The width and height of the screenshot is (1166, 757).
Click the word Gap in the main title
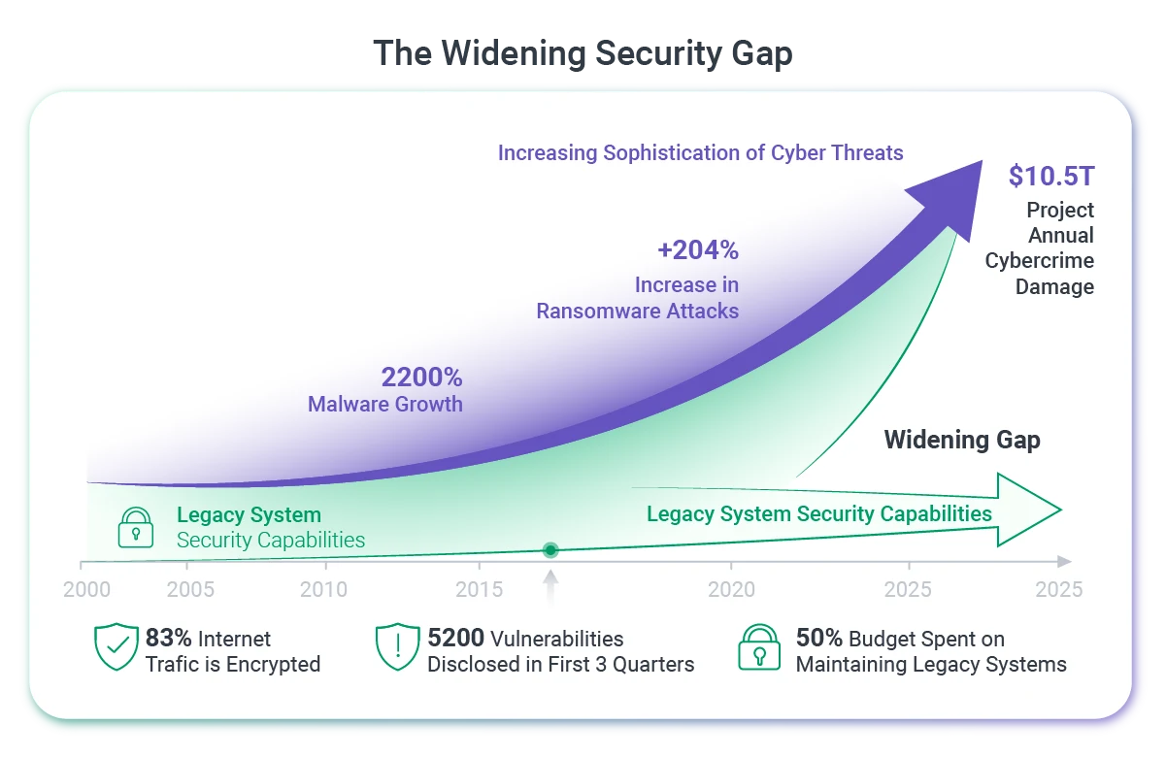point(762,54)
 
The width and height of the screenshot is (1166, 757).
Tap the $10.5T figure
point(1051,176)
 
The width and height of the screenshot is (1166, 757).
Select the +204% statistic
point(698,250)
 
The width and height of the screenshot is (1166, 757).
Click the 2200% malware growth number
point(421,378)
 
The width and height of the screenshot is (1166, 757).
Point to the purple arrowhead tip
point(982,161)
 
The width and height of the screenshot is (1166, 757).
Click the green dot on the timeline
point(550,550)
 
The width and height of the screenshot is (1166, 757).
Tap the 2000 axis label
point(87,590)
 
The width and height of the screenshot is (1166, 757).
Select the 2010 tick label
point(323,590)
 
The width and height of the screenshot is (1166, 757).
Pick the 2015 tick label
point(480,590)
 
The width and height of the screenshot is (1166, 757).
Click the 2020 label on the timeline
point(731,590)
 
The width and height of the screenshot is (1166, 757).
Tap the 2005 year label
point(190,590)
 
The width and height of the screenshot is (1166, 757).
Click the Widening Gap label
point(962,440)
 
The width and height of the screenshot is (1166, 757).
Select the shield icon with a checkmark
point(117,646)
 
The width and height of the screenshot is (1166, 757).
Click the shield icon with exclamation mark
point(398,646)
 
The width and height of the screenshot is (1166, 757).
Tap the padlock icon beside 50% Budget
point(759,647)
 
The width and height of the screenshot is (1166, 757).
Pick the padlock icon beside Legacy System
point(136,528)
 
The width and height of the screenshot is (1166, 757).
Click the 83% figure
point(168,638)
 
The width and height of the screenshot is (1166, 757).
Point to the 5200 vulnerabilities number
point(456,638)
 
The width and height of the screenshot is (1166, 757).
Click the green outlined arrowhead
point(1028,510)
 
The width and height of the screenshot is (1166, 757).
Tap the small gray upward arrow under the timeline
point(550,588)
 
